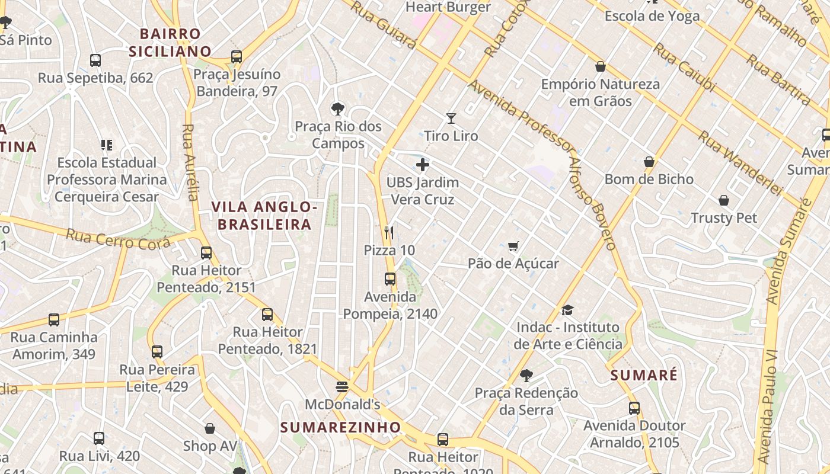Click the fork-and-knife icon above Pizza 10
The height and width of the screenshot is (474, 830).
[389, 232]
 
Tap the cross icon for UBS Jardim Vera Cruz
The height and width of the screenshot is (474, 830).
[423, 165]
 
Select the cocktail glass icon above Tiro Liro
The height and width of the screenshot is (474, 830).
[451, 118]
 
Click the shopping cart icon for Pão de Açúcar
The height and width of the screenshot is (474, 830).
[513, 246]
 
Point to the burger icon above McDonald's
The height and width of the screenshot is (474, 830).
[342, 387]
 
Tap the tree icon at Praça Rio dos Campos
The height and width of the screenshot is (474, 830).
[338, 109]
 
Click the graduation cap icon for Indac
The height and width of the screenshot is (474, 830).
[568, 310]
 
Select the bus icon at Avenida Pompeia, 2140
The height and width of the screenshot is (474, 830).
[390, 279]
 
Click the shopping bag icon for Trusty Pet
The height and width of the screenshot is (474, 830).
[724, 200]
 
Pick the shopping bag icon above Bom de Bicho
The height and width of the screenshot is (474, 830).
[649, 162]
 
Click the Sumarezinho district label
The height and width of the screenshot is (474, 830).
[340, 427]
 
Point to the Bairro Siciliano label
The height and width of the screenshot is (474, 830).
[171, 43]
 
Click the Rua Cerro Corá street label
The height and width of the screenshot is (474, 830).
[119, 239]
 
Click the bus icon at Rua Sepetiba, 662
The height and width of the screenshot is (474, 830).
[95, 60]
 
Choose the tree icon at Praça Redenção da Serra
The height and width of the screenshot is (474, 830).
[526, 375]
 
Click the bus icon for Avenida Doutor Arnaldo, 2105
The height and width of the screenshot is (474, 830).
[634, 408]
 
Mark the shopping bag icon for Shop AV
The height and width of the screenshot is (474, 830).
[209, 428]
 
